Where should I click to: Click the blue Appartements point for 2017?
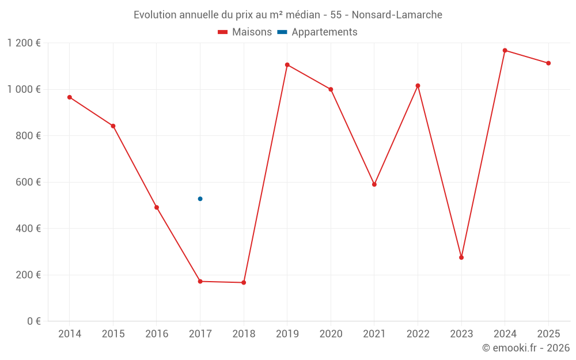point(200,199)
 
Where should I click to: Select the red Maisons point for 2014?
point(70,97)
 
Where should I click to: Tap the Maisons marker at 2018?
point(244,283)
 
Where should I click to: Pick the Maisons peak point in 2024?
point(505,51)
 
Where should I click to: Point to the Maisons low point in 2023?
point(461,257)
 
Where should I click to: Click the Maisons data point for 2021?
point(374,184)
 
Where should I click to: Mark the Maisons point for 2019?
point(287,65)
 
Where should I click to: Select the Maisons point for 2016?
point(157,207)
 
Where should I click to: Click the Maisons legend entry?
point(245,32)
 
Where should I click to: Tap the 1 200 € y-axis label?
point(24,43)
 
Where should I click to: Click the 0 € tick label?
point(34,321)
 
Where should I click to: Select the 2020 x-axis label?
point(331,334)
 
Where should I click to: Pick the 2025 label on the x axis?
point(548,334)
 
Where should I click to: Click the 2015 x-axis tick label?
point(113,334)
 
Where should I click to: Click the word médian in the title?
point(294,15)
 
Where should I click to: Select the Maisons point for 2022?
point(418,86)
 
